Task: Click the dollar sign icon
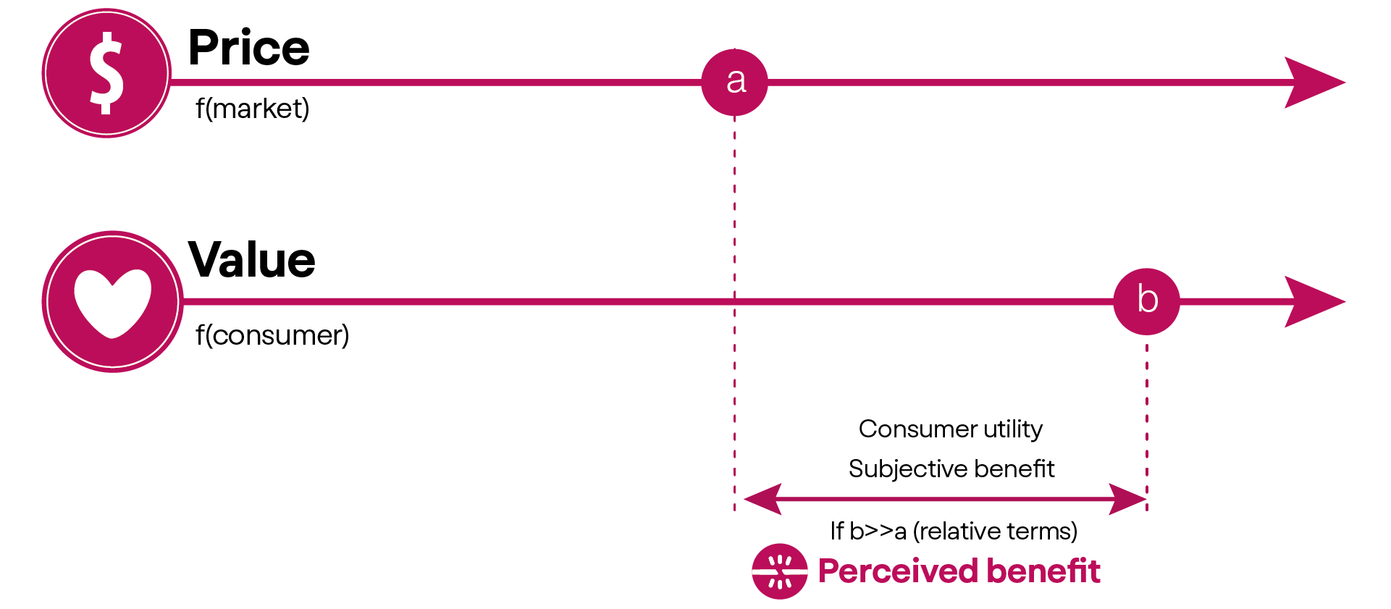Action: pos(106,73)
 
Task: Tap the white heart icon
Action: pos(112,302)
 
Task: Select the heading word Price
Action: pos(249,48)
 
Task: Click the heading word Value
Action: pos(252,260)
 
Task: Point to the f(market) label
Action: pos(252,109)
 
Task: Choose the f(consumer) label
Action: pos(272,335)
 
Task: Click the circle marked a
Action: pos(734,82)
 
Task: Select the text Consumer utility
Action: pos(951,429)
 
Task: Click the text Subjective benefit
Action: pos(951,469)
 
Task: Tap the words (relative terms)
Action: pos(996,531)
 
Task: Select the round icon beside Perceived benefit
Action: pos(779,571)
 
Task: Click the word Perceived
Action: pos(898,571)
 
